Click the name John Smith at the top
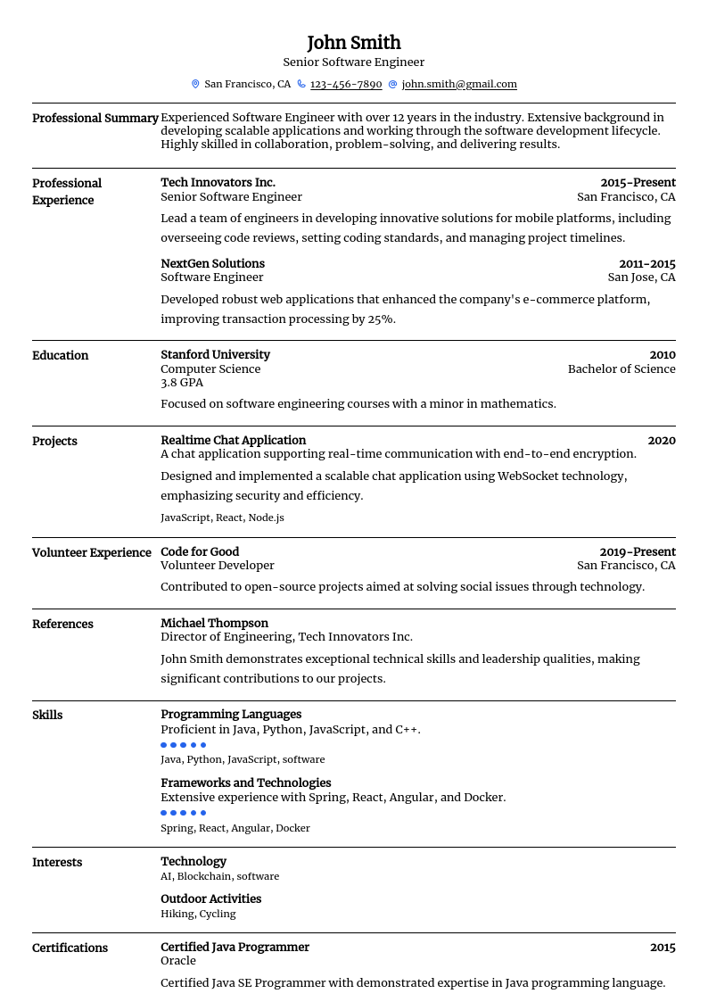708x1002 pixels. (354, 43)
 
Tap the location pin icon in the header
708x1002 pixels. (195, 84)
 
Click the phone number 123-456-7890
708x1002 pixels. (346, 84)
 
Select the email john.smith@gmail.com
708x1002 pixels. (459, 84)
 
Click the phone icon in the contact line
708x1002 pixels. (301, 84)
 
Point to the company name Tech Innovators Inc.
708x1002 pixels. (218, 183)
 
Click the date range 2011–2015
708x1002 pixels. (646, 264)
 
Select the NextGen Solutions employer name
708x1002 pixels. (212, 264)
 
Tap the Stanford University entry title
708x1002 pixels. (215, 355)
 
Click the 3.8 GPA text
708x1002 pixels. (182, 383)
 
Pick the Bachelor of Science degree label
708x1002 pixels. (622, 369)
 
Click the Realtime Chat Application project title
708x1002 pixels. (233, 441)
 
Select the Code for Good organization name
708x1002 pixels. (200, 552)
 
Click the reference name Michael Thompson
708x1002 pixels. (214, 624)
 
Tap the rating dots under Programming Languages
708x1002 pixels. (183, 745)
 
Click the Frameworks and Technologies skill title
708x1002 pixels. (245, 783)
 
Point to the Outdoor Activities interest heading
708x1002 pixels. (210, 899)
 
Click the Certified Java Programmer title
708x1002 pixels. (235, 948)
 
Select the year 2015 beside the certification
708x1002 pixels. (663, 948)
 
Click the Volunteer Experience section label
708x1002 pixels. (92, 553)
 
